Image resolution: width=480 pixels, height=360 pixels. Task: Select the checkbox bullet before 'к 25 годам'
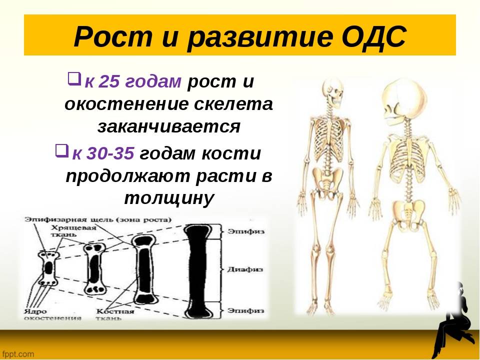(74, 78)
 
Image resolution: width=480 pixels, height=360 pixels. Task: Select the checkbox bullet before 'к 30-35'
(61, 150)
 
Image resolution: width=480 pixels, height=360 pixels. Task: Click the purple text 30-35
(110, 153)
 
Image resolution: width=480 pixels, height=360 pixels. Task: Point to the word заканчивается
(169, 126)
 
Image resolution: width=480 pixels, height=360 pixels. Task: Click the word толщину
(169, 198)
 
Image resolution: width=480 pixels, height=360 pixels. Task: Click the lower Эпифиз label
(245, 310)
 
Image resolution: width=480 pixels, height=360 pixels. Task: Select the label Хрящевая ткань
(73, 231)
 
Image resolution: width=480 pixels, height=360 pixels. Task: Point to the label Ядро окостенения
(52, 314)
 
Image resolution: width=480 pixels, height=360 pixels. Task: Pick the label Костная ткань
(115, 314)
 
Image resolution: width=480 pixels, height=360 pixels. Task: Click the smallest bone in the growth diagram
(48, 268)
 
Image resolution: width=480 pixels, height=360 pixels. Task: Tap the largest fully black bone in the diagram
(200, 271)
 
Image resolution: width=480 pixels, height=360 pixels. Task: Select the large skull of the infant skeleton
(404, 101)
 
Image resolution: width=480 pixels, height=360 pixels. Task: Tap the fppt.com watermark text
(18, 354)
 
